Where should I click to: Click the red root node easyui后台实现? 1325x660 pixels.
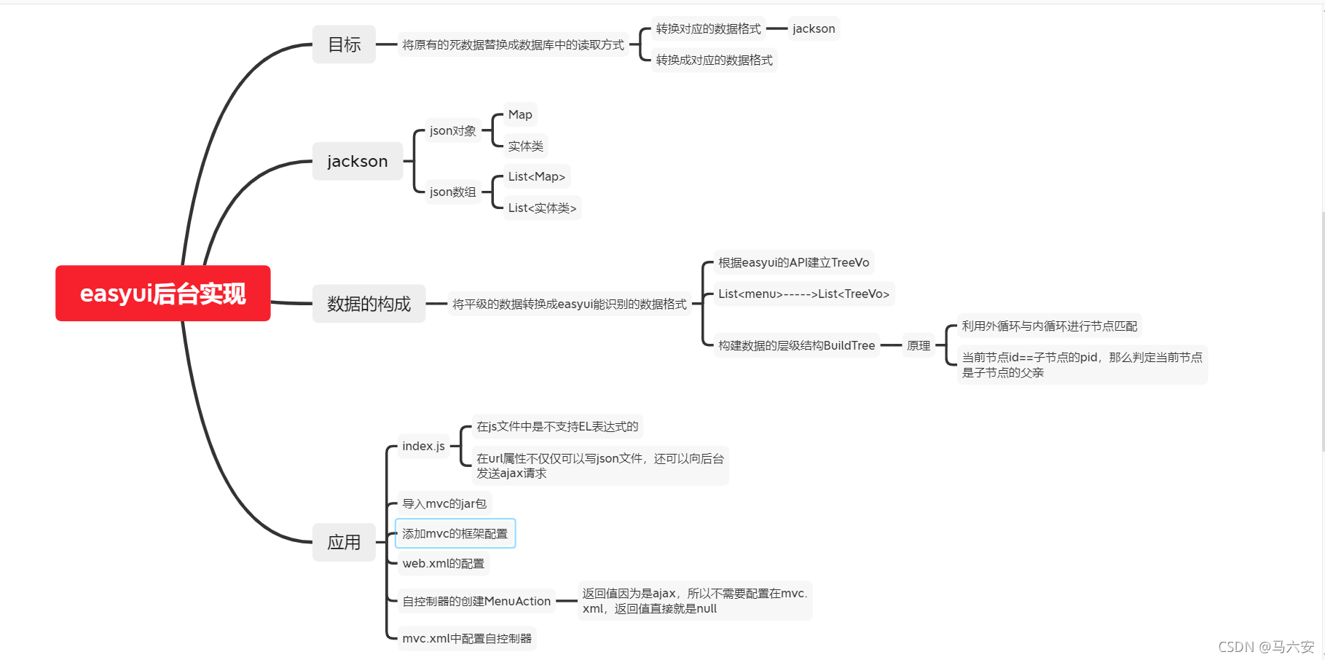pos(162,294)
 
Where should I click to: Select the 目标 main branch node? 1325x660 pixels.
pos(344,44)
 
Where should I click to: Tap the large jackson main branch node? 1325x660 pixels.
pos(357,161)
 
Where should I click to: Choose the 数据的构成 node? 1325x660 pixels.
pos(369,304)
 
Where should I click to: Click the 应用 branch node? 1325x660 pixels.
pos(344,542)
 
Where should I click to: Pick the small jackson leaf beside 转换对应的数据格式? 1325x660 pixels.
pos(814,28)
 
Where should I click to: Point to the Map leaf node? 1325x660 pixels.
pos(520,114)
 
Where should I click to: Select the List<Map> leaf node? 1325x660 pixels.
pos(536,176)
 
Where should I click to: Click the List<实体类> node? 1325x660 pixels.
pos(542,208)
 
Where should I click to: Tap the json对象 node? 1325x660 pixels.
pos(452,130)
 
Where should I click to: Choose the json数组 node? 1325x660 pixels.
pos(452,192)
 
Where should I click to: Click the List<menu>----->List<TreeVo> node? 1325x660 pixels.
pos(803,294)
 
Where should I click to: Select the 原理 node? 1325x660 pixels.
pos(918,345)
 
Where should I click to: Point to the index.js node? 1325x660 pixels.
pos(423,446)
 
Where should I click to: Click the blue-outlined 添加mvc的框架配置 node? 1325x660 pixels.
pos(455,533)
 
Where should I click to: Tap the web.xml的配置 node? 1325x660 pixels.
pos(443,563)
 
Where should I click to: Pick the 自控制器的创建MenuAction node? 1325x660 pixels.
pos(476,601)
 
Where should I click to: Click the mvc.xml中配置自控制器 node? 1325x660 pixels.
pos(467,638)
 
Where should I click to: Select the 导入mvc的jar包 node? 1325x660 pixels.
pos(444,503)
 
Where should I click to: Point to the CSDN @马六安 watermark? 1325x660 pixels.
pos(1266,647)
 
